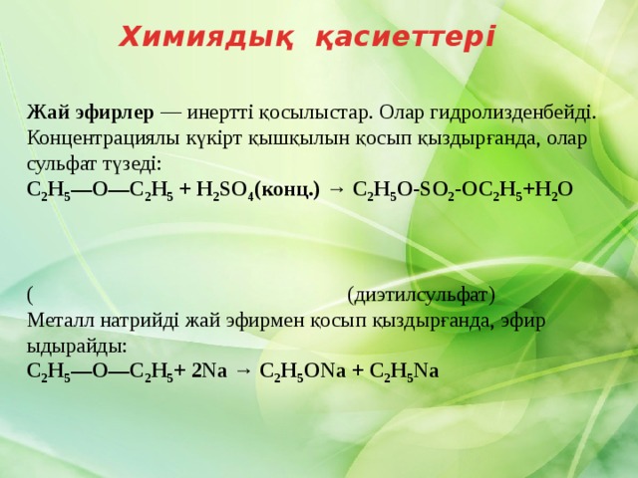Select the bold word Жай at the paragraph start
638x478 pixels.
click(49, 113)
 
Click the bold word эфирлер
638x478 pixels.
click(116, 114)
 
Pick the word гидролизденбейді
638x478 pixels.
click(512, 114)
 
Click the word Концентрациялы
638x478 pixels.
click(103, 139)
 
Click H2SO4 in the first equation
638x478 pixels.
click(225, 190)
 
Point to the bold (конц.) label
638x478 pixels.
click(287, 190)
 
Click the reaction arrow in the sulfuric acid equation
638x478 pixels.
click(336, 190)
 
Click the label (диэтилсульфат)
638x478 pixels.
click(421, 296)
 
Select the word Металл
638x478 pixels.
click(61, 321)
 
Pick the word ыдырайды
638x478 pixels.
click(78, 348)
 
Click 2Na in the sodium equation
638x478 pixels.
click(209, 371)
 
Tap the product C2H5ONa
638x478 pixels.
click(302, 371)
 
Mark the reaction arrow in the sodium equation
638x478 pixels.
click(243, 371)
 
